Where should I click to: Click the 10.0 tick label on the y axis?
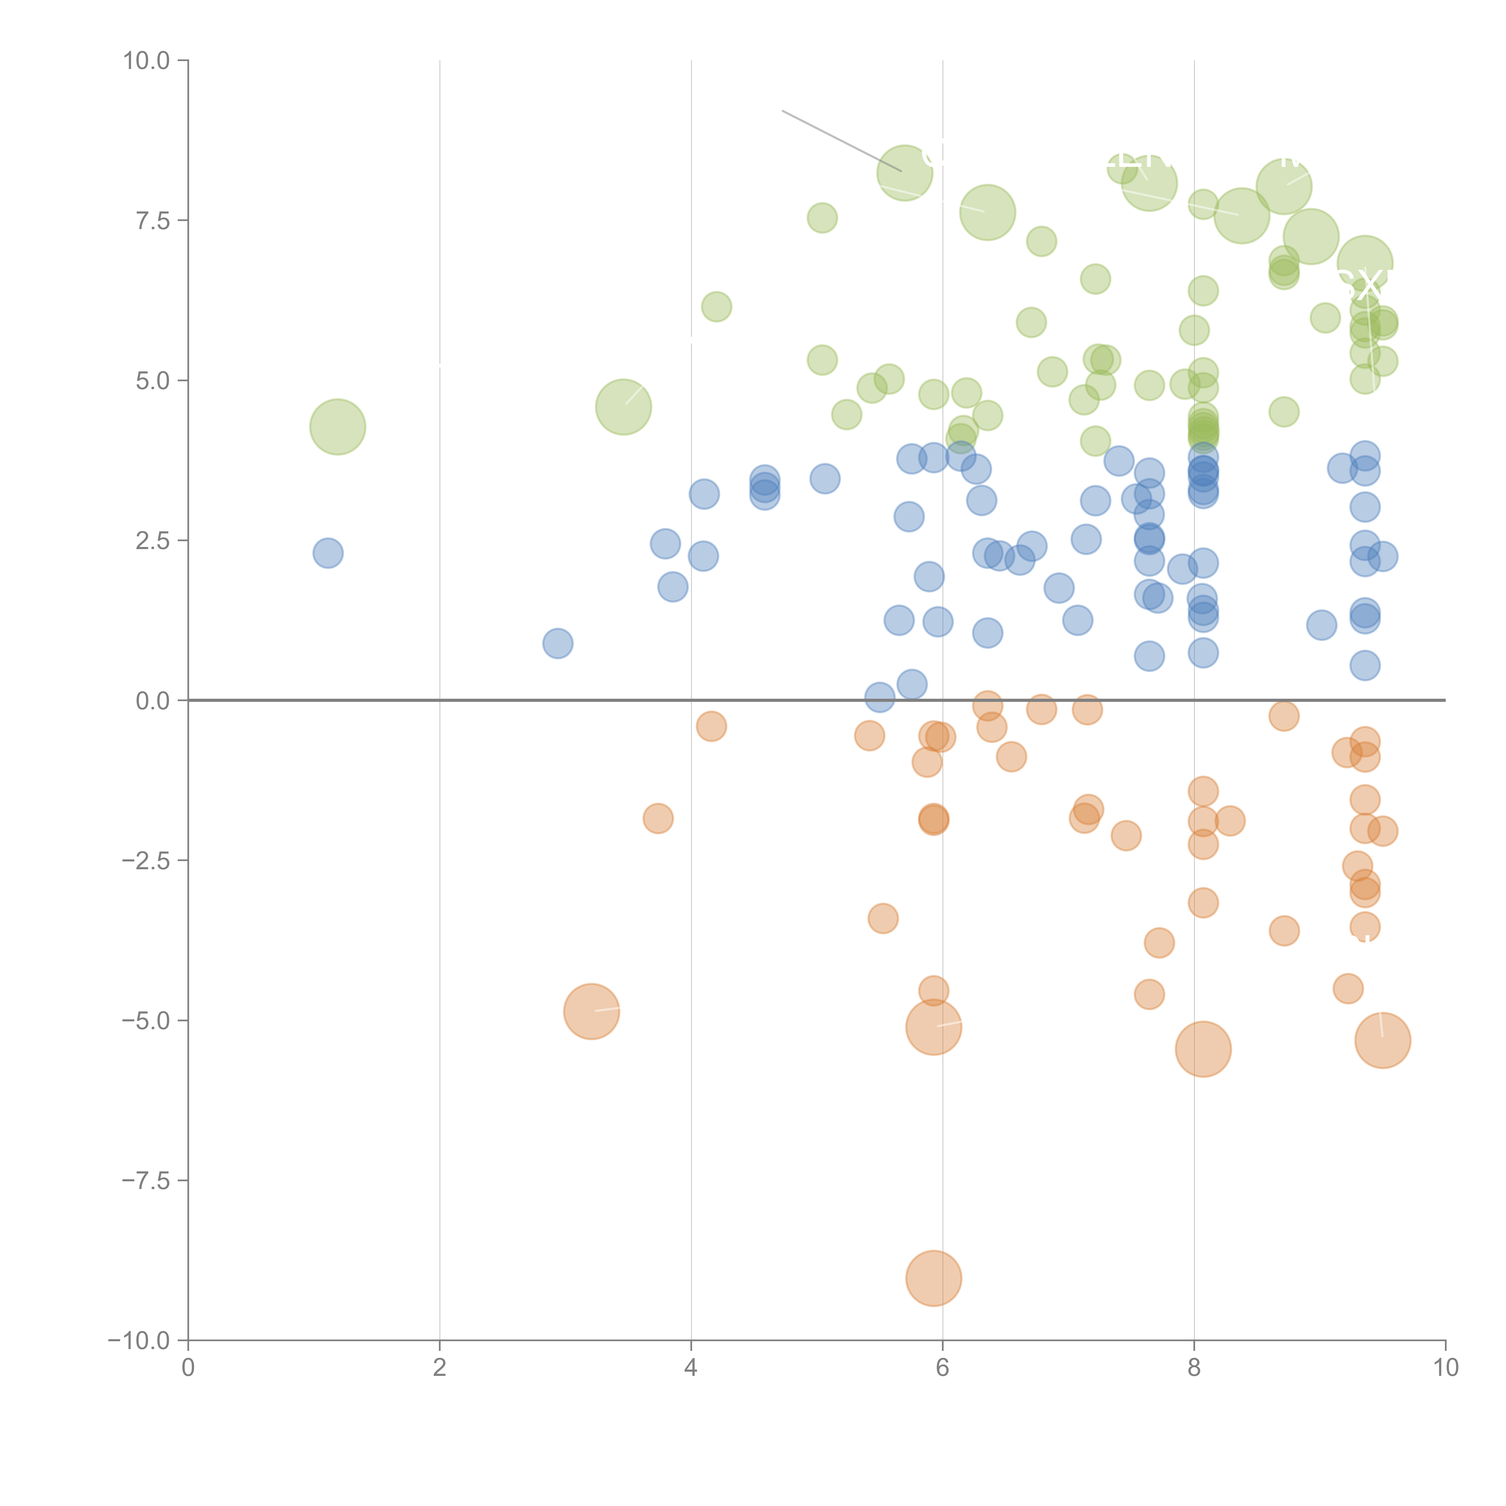pos(147,61)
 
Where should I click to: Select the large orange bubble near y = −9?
pos(934,1278)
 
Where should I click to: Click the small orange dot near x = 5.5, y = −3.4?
pos(883,918)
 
